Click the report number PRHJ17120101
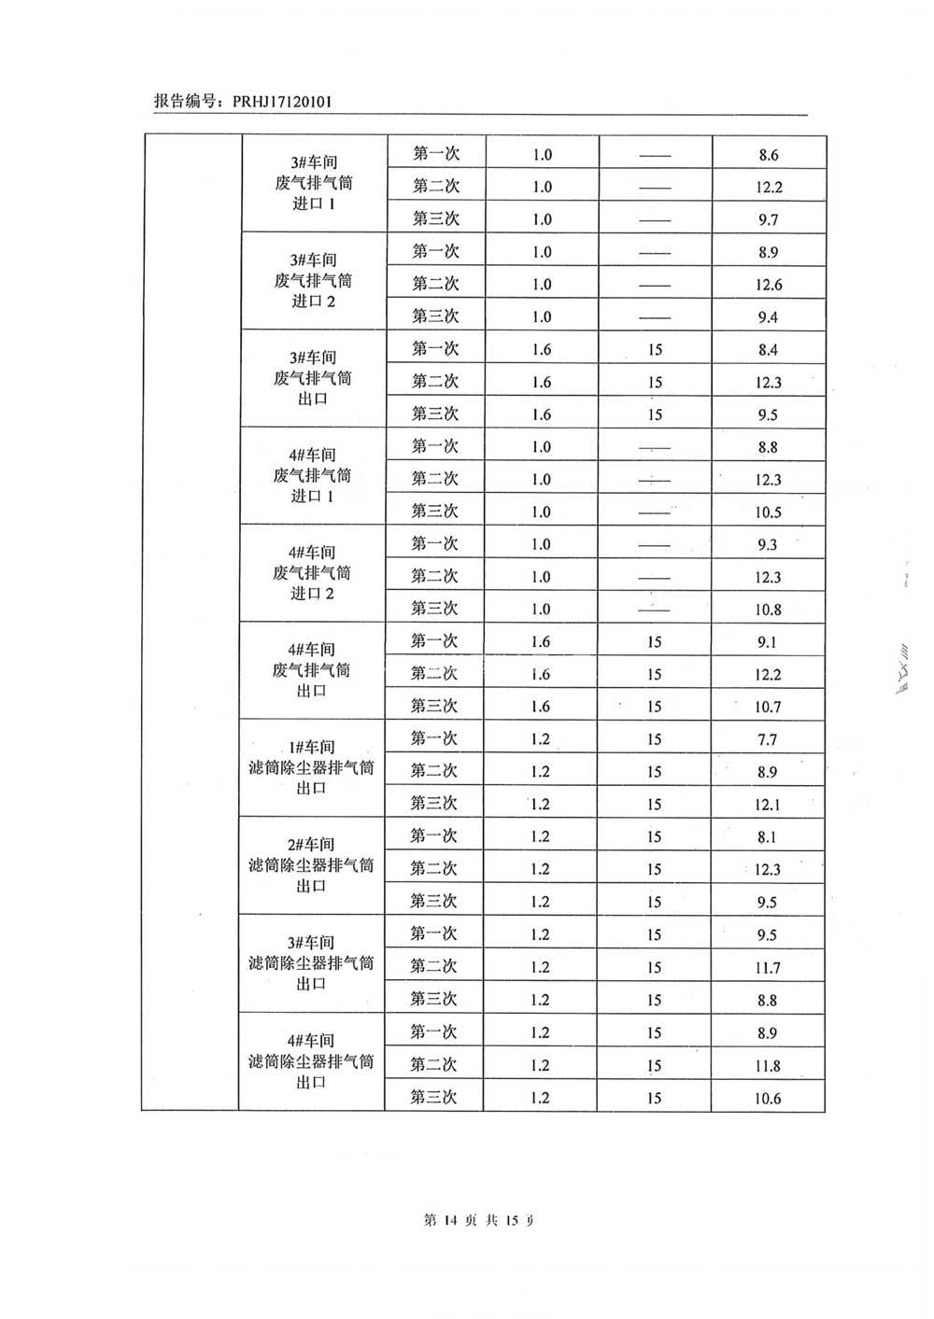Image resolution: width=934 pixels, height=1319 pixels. pos(275,102)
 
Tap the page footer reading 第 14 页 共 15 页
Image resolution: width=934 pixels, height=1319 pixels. pos(480,1219)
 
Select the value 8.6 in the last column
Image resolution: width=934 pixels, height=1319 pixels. pos(769,155)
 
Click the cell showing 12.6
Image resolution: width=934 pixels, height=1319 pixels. pos(769,285)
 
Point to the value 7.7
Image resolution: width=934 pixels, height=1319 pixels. pos(768,740)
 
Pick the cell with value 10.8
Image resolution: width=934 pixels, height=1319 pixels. pos(768,610)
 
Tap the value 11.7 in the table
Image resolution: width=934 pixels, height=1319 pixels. pos(768,968)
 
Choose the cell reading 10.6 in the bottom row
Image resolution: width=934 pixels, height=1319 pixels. pos(768,1099)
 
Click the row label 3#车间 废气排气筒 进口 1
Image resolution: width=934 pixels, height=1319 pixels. pos(314,183)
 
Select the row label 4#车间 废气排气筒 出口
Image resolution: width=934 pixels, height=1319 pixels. pos(312,670)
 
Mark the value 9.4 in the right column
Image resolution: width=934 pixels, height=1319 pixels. pos(768,317)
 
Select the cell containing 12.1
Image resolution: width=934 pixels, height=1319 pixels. pos(768,805)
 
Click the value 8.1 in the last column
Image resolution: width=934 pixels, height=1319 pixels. pos(768,837)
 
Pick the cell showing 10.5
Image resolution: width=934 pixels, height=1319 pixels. pos(768,512)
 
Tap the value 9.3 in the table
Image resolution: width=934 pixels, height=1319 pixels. pos(768,544)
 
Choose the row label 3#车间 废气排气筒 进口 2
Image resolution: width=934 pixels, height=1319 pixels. pos(314,281)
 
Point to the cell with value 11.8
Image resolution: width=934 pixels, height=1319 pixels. pos(768,1066)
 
